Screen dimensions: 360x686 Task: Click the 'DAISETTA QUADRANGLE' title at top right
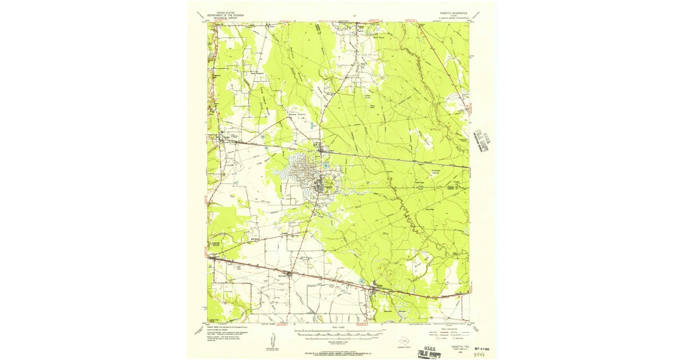pyautogui.click(x=451, y=11)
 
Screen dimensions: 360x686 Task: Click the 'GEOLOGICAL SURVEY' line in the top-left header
pyautogui.click(x=225, y=17)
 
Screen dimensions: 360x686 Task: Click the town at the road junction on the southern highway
pyautogui.click(x=290, y=275)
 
